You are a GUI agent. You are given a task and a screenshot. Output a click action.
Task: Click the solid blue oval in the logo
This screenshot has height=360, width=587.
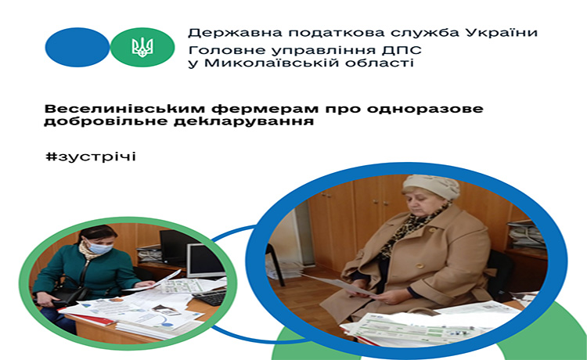(x=77, y=47)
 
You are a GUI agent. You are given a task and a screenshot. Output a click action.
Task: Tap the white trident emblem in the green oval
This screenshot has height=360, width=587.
(x=142, y=47)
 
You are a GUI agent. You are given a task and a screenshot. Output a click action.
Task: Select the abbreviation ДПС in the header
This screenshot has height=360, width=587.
(x=403, y=51)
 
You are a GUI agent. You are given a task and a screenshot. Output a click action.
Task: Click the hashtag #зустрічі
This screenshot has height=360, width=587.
(x=91, y=157)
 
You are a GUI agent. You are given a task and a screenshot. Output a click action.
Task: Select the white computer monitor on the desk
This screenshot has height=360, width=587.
(x=205, y=261)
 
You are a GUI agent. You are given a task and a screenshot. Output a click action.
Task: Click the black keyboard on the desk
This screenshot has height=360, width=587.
(x=211, y=297)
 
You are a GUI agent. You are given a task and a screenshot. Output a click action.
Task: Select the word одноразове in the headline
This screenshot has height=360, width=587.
(x=424, y=110)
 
